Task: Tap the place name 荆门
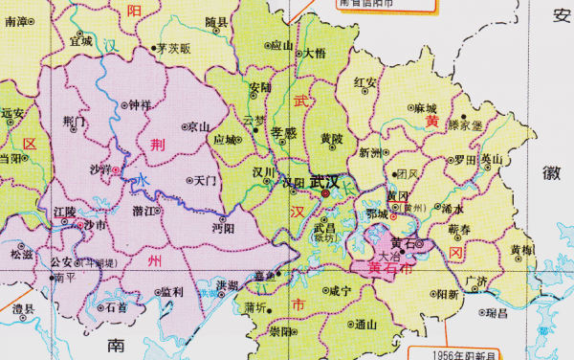74,122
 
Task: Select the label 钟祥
140,105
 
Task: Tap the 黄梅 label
522,250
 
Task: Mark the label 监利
171,291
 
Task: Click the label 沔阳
223,229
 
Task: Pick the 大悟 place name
315,54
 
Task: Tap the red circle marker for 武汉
325,193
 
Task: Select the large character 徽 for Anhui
552,173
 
